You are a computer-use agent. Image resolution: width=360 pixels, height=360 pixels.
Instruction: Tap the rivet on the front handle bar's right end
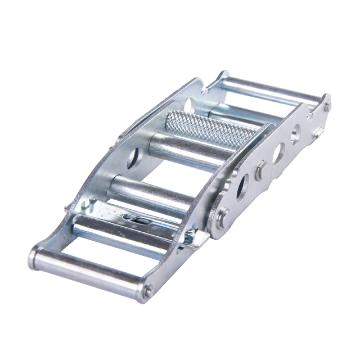pos(147,291)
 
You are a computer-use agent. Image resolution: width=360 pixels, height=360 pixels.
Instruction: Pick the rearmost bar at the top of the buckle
pos(270,89)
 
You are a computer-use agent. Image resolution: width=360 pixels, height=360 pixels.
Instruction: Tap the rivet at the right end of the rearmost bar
pos(327,105)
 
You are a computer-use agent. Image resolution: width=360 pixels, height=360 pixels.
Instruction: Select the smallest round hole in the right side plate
pos(295,134)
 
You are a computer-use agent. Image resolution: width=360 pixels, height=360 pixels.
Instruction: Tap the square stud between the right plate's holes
pos(260,171)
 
